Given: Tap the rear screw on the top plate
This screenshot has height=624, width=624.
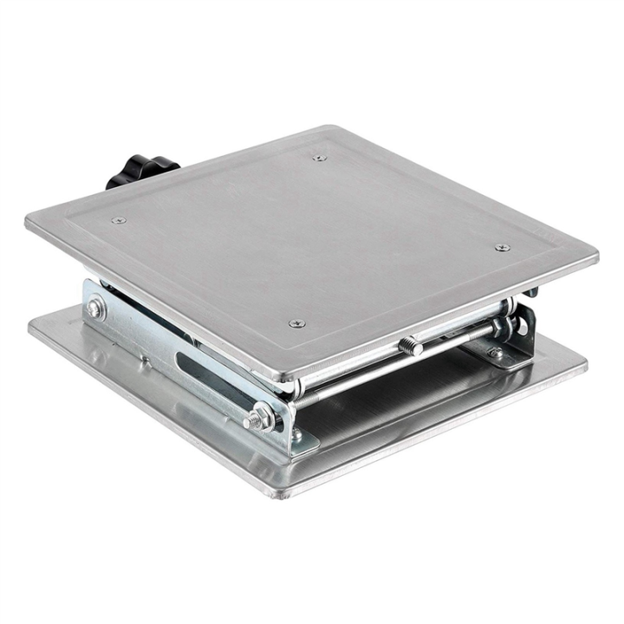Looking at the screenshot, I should point(319,158).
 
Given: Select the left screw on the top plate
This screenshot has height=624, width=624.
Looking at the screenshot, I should point(119,220).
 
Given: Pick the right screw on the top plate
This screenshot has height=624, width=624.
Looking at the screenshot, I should point(502,248).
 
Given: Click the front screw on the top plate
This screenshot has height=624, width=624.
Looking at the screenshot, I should point(296,323).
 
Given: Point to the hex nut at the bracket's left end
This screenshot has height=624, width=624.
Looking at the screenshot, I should point(95,308).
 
